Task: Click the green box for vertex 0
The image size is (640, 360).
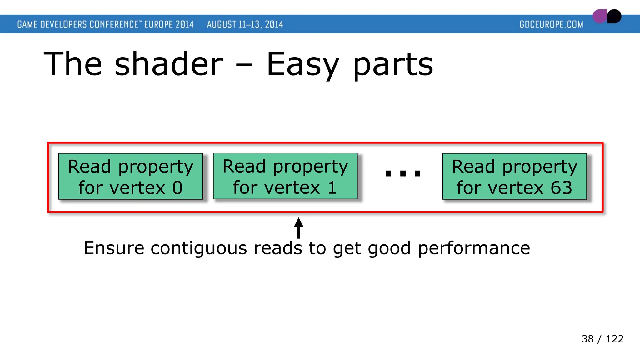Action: pyautogui.click(x=131, y=176)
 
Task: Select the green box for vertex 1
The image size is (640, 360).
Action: pyautogui.click(x=285, y=176)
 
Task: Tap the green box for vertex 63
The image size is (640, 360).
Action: pyautogui.click(x=514, y=176)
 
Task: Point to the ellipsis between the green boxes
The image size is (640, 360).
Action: pyautogui.click(x=403, y=173)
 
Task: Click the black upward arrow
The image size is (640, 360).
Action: pyautogui.click(x=299, y=228)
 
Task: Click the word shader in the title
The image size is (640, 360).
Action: pyautogui.click(x=169, y=64)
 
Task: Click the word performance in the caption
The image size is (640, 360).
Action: pyautogui.click(x=474, y=248)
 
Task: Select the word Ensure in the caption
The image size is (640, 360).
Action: pyautogui.click(x=114, y=248)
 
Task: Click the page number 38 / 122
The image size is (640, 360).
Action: pyautogui.click(x=602, y=339)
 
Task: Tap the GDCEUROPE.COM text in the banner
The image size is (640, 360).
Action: pyautogui.click(x=551, y=24)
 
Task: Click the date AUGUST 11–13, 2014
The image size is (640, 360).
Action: pyautogui.click(x=245, y=24)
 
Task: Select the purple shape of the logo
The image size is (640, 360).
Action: pyautogui.click(x=599, y=16)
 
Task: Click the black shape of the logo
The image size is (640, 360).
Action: pyautogui.click(x=614, y=16)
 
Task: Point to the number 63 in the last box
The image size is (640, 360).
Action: pyautogui.click(x=561, y=188)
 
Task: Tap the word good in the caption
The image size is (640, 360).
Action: pyautogui.click(x=389, y=248)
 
